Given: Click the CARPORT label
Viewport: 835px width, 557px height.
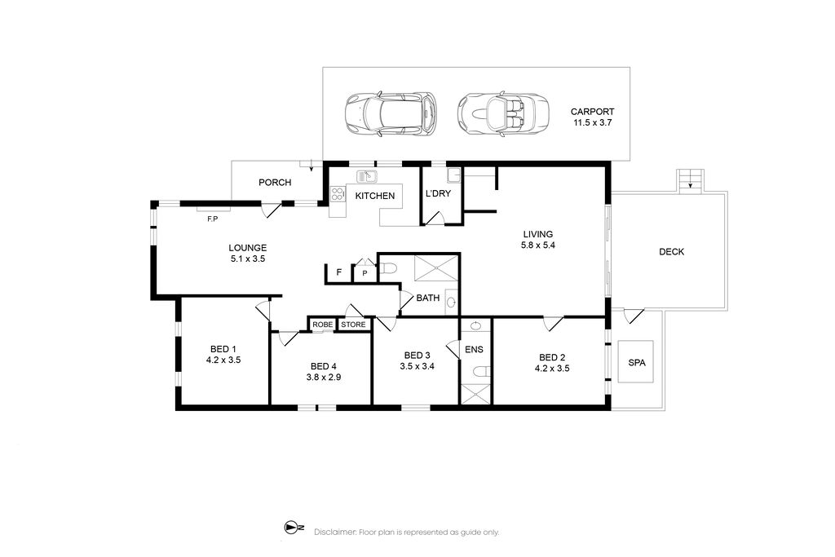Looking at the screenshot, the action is [592, 112].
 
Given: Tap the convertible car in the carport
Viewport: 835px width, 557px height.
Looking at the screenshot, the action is [502, 115].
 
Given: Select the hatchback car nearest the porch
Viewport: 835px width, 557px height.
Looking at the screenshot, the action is [391, 114].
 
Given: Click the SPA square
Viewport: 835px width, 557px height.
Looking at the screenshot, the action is [636, 361].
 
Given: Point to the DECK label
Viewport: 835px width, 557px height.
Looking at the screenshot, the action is [672, 252].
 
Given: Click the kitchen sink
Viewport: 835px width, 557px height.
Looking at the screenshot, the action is [366, 175].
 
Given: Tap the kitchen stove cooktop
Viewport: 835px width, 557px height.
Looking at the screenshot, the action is [338, 193].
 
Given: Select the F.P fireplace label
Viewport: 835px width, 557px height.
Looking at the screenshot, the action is [213, 219].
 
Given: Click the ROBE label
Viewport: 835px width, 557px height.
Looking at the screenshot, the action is [322, 325].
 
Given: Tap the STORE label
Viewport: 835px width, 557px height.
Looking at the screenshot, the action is [354, 325].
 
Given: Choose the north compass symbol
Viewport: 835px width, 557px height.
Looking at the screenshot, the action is [294, 528].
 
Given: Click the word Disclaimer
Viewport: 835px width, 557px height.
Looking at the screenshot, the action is [334, 532].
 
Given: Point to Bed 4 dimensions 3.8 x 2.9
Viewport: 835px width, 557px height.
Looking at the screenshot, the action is [323, 377].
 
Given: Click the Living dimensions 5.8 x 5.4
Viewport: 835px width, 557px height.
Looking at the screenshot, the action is [538, 245].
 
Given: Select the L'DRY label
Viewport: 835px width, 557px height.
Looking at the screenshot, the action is [438, 194].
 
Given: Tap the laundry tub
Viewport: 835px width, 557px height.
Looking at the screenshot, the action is [453, 175].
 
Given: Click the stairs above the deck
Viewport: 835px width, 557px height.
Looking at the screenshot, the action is [690, 180].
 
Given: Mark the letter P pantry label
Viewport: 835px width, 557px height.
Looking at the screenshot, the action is [364, 273].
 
